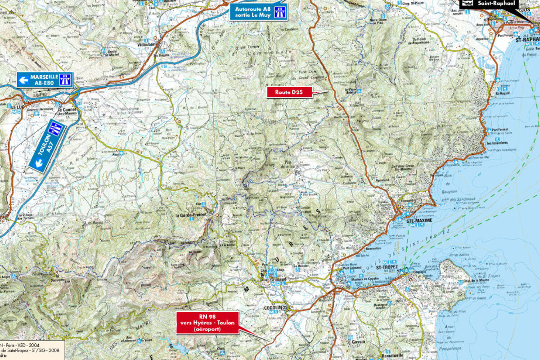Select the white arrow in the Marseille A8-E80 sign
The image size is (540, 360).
(24, 80)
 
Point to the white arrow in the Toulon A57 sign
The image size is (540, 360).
(39, 164)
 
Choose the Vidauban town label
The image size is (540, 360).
(148, 46)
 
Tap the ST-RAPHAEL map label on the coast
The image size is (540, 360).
(527, 39)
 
